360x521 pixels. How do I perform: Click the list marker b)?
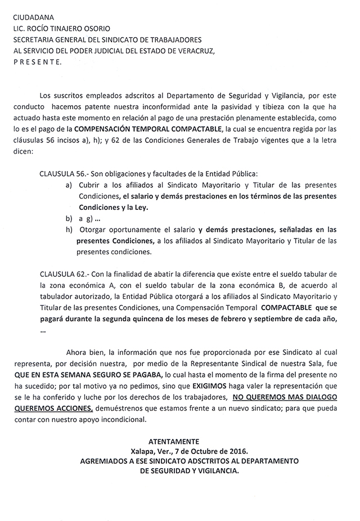click(x=69, y=218)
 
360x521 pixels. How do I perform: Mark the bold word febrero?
click(x=233, y=320)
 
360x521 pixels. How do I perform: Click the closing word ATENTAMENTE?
click(x=174, y=441)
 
